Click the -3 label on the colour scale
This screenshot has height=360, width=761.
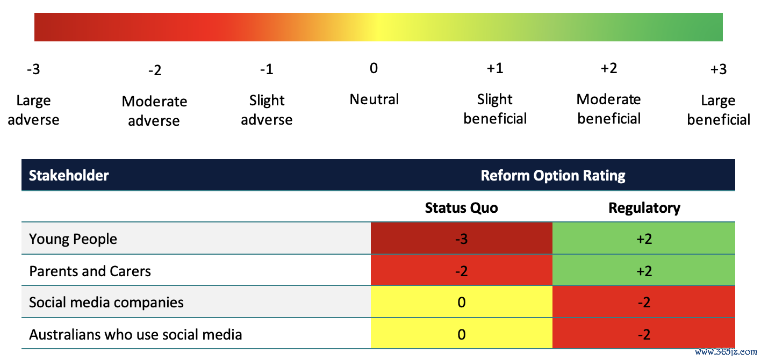tap(34, 69)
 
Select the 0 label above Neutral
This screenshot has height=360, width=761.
tap(374, 68)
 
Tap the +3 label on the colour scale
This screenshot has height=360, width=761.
tap(719, 69)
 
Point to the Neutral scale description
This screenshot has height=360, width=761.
tap(374, 99)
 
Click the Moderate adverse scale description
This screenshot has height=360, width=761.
tap(154, 111)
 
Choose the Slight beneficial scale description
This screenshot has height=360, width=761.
tap(495, 109)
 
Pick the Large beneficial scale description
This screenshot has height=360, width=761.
tap(719, 110)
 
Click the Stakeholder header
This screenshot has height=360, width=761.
tap(69, 176)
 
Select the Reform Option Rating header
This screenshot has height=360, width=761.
tap(552, 176)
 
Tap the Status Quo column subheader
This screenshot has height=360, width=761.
tap(461, 208)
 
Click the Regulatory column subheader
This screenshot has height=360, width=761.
tap(644, 208)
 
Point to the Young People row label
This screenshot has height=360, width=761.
tap(73, 239)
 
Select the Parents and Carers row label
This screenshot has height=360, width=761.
tap(90, 271)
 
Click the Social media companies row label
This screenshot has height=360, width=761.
tap(106, 303)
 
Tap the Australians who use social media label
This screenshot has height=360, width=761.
tap(135, 335)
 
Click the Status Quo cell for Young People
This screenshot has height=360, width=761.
tap(461, 238)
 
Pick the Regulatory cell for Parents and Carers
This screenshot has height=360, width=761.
tap(644, 270)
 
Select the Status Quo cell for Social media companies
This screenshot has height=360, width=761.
tap(461, 301)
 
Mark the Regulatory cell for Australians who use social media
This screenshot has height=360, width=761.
tap(644, 333)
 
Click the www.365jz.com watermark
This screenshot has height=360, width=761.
tap(726, 352)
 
